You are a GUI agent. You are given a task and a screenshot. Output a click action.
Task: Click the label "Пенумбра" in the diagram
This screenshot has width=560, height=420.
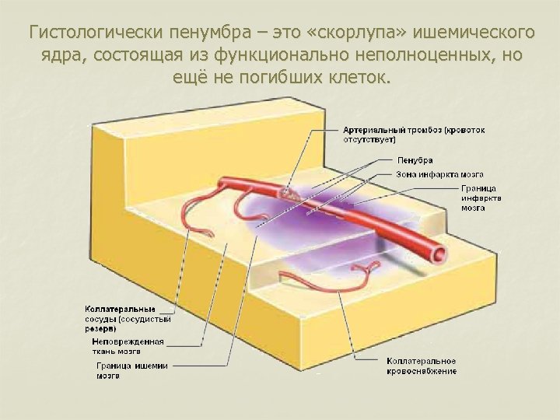tap(415, 160)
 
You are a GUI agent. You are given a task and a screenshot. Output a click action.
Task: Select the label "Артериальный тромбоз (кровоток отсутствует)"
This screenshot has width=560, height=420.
tap(414, 135)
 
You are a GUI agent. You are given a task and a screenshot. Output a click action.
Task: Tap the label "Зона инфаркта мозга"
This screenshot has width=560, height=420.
tap(439, 173)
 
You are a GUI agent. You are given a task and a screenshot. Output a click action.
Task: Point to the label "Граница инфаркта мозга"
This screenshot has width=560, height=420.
tap(479, 198)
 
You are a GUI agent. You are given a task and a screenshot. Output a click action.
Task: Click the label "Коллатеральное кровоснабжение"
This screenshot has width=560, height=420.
tap(422, 366)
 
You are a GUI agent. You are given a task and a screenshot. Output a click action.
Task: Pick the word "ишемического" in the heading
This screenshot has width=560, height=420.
tap(474, 33)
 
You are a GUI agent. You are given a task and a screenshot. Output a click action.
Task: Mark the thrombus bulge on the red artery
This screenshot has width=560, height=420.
tap(289, 191)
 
